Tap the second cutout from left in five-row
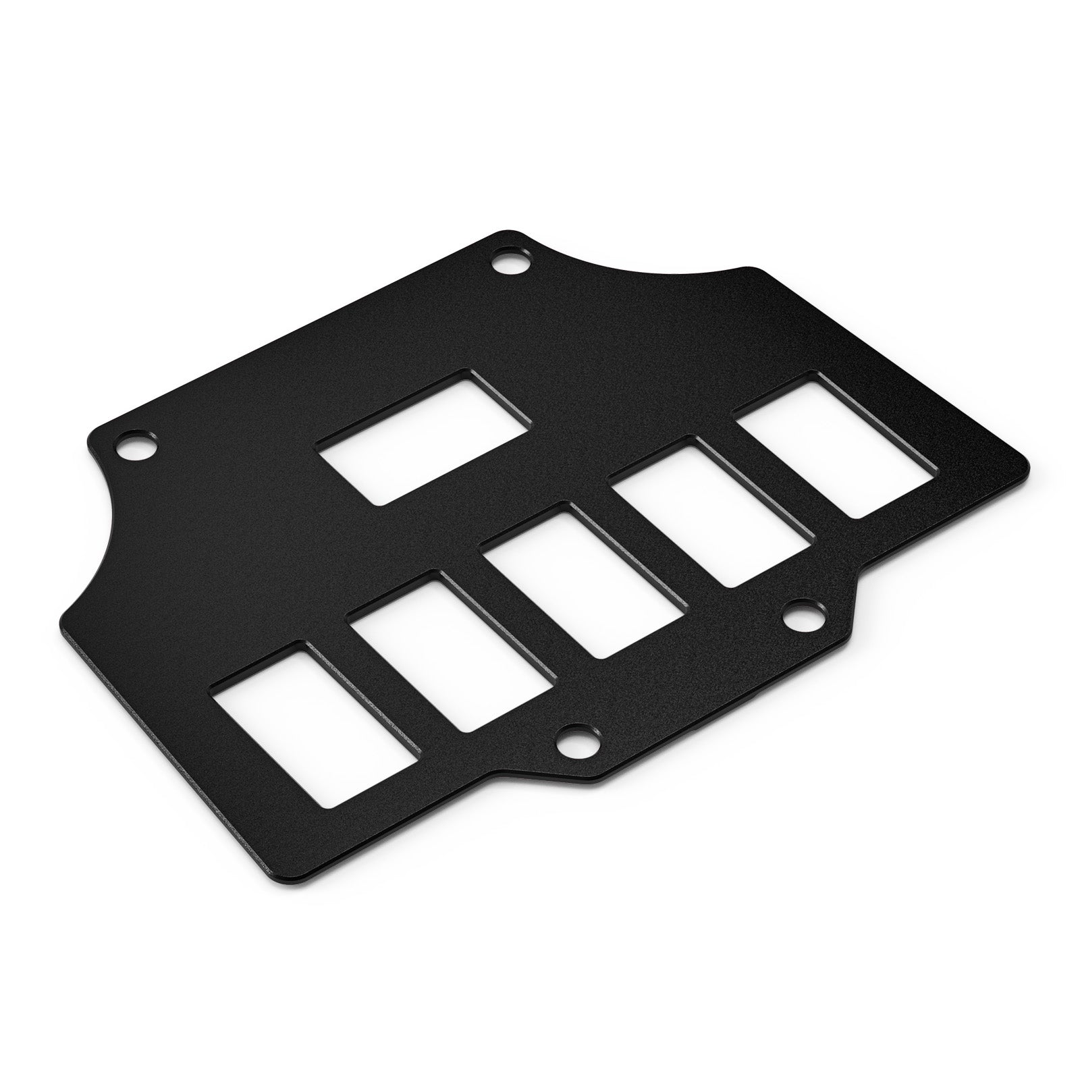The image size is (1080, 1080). click(x=450, y=651)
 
